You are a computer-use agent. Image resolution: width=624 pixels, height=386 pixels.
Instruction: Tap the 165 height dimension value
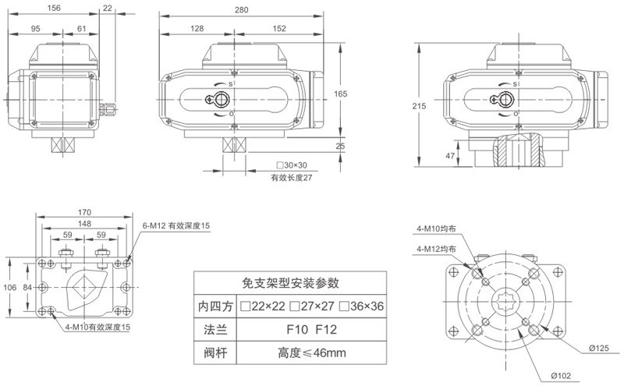341,94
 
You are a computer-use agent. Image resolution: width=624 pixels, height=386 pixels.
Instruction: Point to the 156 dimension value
54,8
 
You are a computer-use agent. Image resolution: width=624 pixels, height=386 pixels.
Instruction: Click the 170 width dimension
84,211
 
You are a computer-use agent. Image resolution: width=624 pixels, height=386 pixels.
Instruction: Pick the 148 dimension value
84,222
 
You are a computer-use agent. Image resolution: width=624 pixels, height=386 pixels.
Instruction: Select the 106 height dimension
9,286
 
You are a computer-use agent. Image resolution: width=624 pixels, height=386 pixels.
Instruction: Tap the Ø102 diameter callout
561,376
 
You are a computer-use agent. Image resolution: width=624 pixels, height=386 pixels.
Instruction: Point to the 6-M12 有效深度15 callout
175,225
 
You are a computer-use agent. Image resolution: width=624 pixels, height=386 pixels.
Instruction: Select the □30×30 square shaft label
291,166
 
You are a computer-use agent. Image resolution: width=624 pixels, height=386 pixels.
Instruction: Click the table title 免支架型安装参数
290,282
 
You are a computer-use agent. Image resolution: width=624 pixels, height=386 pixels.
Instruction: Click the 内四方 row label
216,306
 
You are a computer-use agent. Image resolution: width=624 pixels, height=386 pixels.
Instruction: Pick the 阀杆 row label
216,353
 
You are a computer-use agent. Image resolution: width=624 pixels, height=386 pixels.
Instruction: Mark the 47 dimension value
450,156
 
